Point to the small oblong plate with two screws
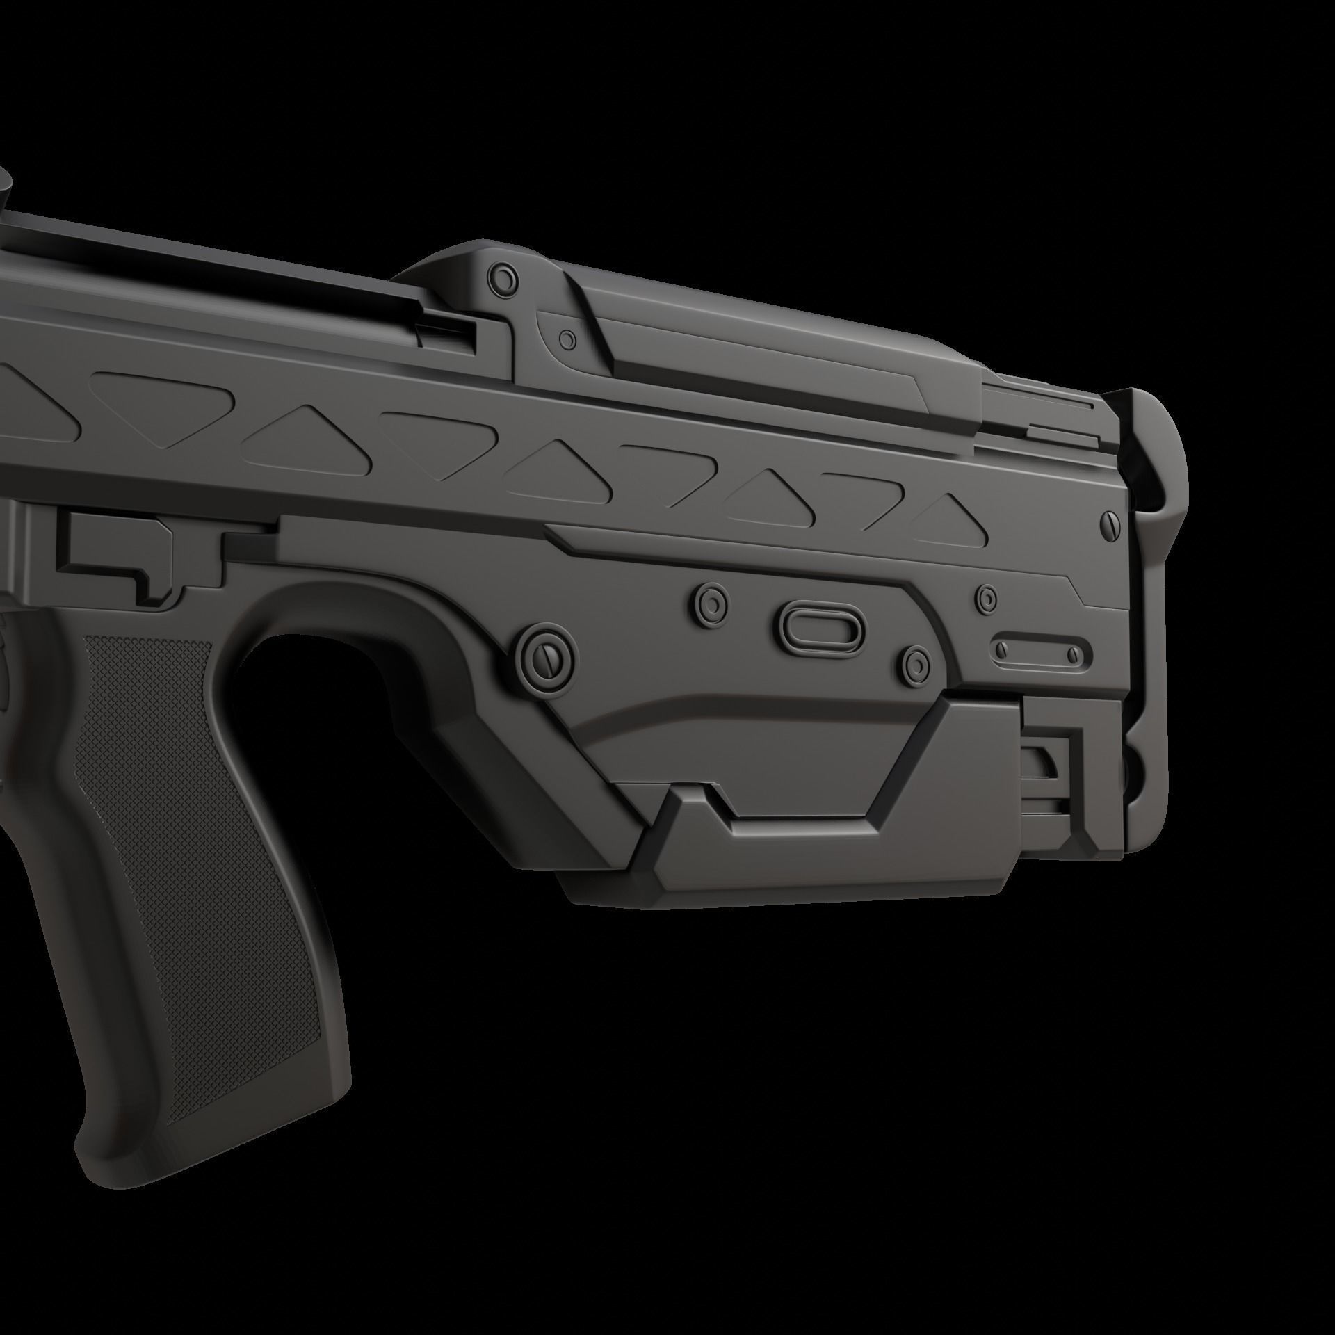pos(1036,651)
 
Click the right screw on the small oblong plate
pos(1074,654)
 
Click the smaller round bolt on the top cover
pos(569,340)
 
